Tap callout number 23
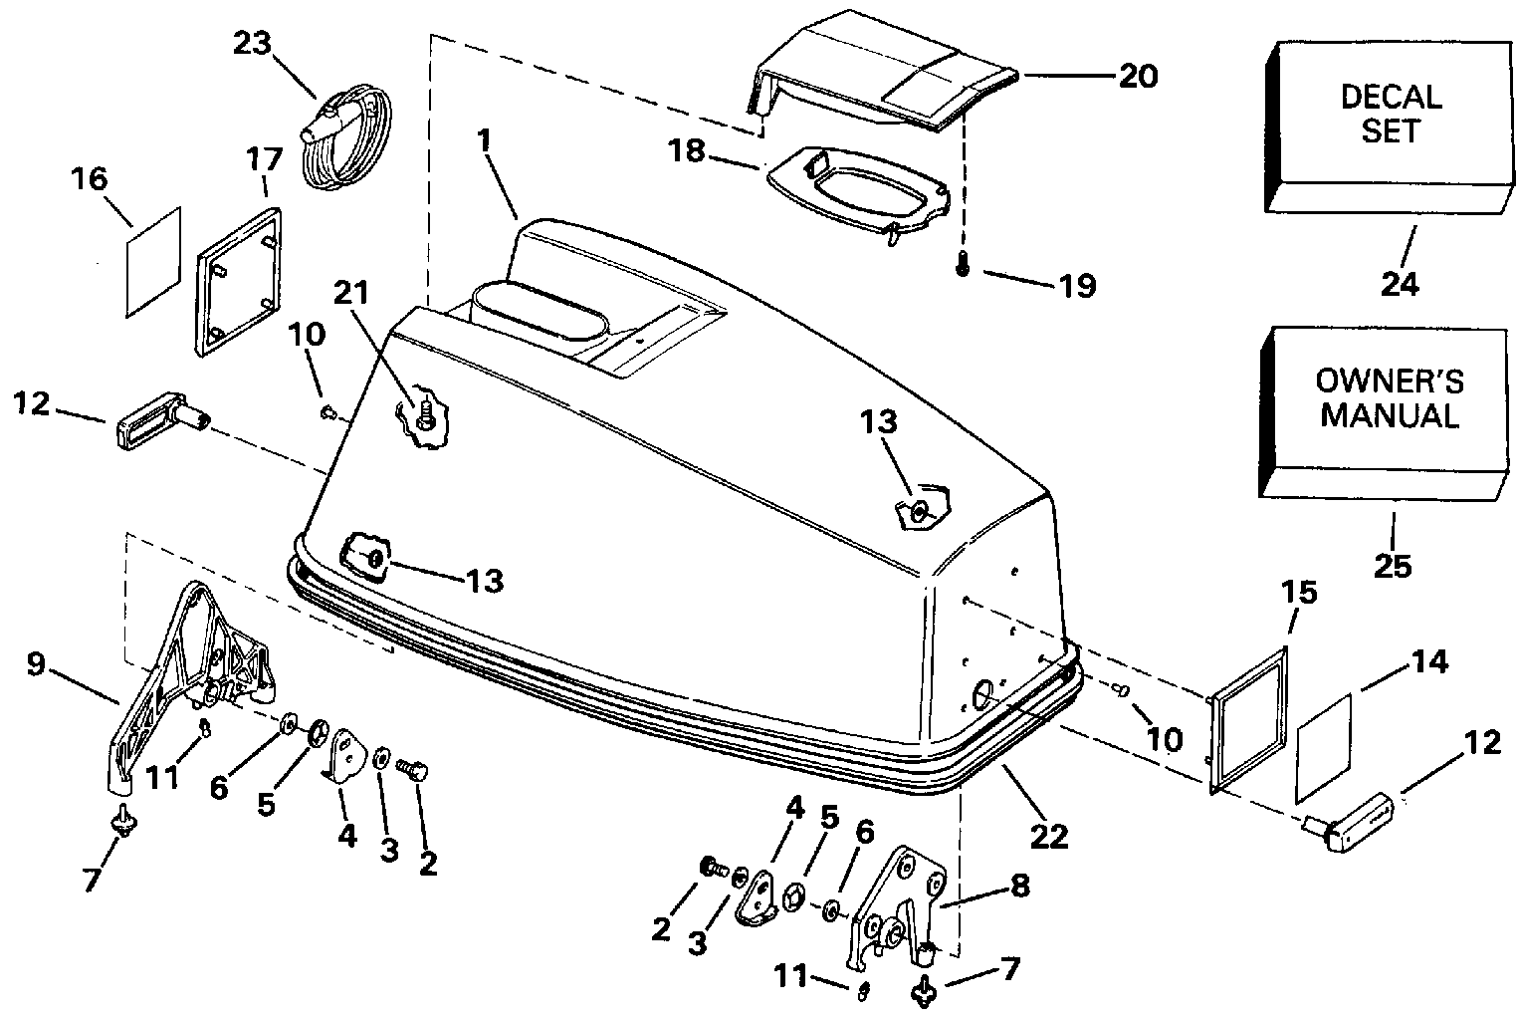click(253, 43)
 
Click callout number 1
click(485, 142)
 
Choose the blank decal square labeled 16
click(154, 263)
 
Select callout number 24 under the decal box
click(1399, 284)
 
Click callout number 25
click(1393, 565)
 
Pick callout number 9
click(36, 663)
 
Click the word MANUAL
click(1390, 415)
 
